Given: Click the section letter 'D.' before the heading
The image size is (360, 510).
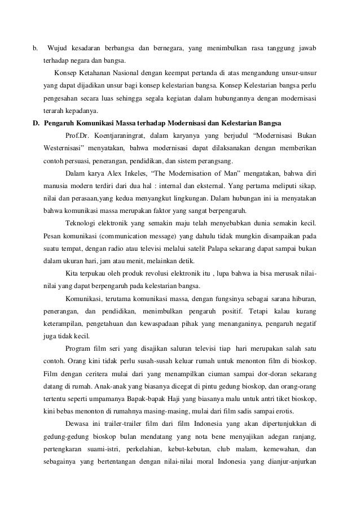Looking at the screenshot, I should (x=36, y=123).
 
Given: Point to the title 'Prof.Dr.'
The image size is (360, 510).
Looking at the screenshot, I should (x=78, y=136).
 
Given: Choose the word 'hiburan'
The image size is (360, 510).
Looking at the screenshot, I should (x=302, y=298).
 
